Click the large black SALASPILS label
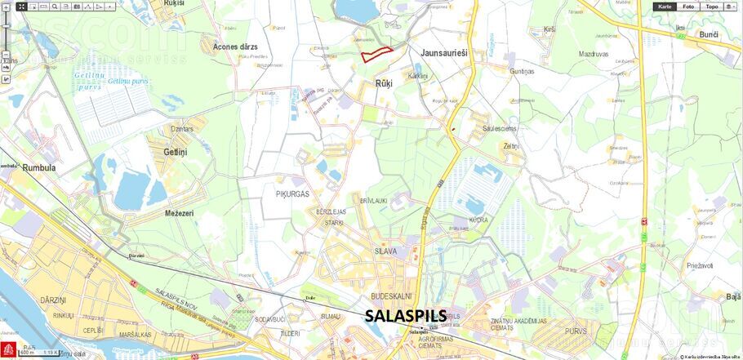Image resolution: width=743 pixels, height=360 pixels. coord(406,316)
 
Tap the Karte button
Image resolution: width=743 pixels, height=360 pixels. coord(665,7)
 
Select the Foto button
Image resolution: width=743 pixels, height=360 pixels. coord(689,7)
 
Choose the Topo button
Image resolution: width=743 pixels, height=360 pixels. coord(712,7)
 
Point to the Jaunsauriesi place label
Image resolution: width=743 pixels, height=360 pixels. coord(444,52)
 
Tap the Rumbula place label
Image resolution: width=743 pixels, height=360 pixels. coord(28,167)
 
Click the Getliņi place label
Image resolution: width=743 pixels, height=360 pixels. coord(175,153)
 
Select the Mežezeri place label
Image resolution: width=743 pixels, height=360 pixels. coord(179,213)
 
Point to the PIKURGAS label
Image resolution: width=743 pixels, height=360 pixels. coord(292,195)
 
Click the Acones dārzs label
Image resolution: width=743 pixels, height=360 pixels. coord(235,47)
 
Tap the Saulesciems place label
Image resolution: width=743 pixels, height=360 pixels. coord(499,128)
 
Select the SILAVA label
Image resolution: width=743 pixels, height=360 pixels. coord(385,251)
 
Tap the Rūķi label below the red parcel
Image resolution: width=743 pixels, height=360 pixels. coord(384,84)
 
